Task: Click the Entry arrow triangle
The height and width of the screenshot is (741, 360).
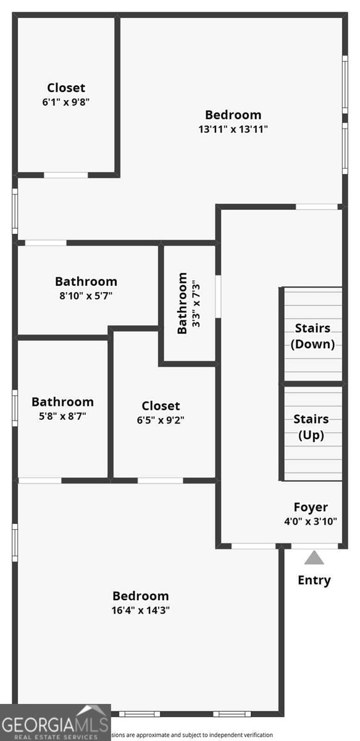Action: tap(314, 558)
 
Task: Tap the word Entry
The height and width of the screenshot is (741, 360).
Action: tap(314, 580)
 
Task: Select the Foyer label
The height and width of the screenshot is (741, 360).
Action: tap(311, 508)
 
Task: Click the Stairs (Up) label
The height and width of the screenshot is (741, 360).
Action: tap(311, 427)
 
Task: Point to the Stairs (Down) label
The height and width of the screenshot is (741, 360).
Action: tap(312, 336)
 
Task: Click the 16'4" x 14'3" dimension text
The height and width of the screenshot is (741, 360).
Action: tap(141, 610)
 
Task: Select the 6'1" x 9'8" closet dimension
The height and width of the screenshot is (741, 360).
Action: tap(66, 103)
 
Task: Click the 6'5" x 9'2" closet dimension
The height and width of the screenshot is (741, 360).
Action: tap(161, 420)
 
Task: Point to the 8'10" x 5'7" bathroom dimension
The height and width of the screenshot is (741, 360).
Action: tap(86, 296)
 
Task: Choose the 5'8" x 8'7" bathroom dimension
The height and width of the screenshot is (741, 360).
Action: tap(62, 416)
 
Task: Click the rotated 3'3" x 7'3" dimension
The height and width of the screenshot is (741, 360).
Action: tap(196, 303)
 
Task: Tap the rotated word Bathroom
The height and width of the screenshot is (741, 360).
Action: tap(183, 303)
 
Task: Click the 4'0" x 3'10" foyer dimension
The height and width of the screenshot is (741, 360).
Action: tap(311, 521)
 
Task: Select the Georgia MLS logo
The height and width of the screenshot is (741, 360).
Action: tap(55, 722)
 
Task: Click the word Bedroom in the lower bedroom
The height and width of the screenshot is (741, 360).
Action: tap(140, 596)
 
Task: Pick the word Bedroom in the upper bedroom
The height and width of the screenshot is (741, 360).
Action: tap(233, 115)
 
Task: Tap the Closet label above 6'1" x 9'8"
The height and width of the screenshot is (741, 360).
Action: tap(66, 88)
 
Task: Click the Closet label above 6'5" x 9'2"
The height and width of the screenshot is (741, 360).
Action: tap(161, 406)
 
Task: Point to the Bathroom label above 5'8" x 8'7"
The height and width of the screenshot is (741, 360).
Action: tap(62, 402)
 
